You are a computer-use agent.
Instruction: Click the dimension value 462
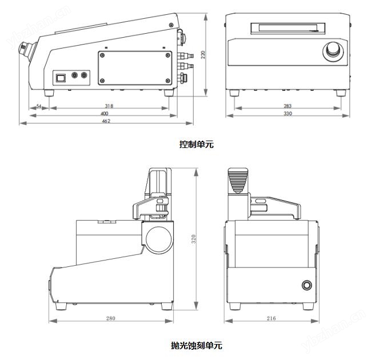point(106,121)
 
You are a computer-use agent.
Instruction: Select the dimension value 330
point(287,114)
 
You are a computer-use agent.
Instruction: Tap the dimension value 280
point(110,318)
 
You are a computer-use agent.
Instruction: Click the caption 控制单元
point(196,145)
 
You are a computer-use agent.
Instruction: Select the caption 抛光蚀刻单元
point(196,345)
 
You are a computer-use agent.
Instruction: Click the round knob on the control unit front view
point(332,52)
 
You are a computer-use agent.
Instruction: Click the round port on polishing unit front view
point(307,285)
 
